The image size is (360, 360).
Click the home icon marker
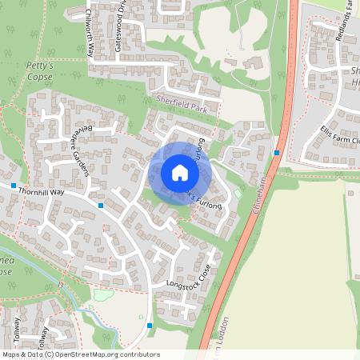pos(180,173)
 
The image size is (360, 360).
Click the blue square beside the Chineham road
pos(276,152)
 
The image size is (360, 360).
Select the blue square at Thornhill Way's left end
pos(14,186)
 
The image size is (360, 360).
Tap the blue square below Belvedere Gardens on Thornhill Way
pos(101,206)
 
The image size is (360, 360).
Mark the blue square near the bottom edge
pos(150,325)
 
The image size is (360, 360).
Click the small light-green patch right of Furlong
pos(238,194)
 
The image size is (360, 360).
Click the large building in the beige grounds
pos(232,63)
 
